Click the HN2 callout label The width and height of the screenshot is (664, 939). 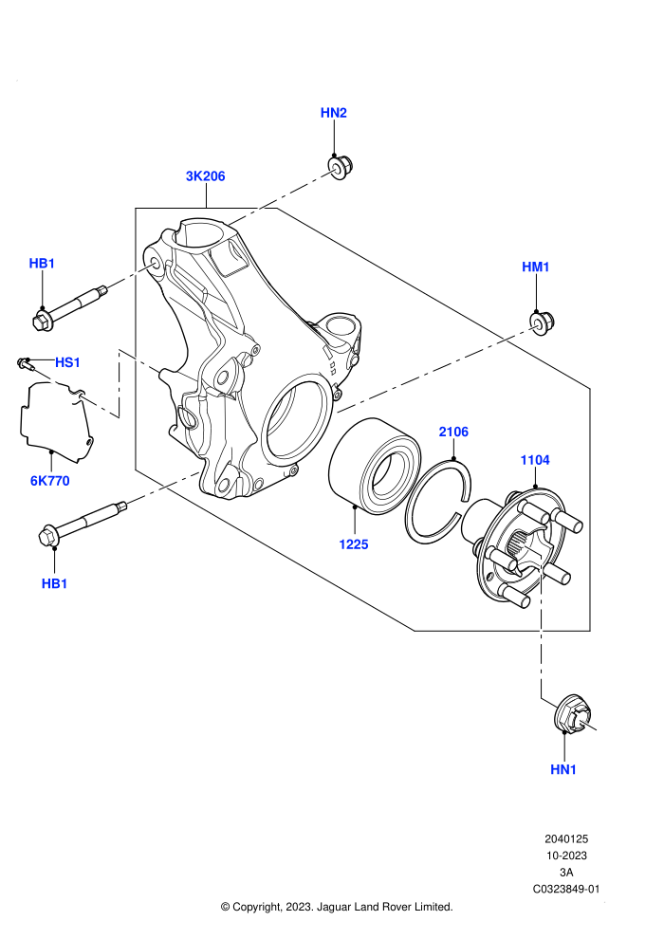tap(334, 113)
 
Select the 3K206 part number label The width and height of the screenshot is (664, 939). tap(206, 176)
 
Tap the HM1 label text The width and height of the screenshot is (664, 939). tap(535, 267)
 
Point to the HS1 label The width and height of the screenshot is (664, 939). tap(67, 362)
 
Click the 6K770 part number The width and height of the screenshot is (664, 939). tap(50, 481)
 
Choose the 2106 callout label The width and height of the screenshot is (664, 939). tap(453, 432)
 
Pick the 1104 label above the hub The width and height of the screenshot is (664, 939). tap(535, 460)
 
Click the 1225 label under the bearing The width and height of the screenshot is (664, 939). tap(353, 544)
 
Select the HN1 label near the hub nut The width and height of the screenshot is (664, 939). tap(563, 769)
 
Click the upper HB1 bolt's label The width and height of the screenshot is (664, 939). tap(42, 264)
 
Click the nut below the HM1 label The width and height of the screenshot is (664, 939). tap(542, 323)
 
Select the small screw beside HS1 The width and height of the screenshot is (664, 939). tap(24, 362)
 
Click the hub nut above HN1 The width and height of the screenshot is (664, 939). tap(573, 714)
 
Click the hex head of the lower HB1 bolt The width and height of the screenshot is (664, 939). tap(47, 535)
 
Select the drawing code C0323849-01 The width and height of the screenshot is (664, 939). tap(565, 890)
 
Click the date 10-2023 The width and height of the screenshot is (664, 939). tap(565, 856)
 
